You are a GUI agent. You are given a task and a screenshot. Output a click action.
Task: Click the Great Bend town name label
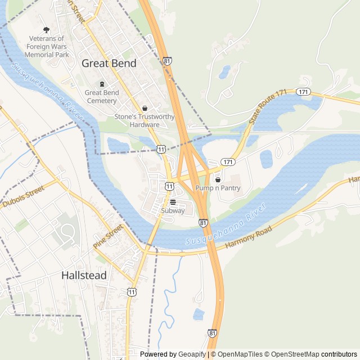[x=109, y=64]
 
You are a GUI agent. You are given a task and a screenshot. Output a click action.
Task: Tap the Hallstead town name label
[x=83, y=276]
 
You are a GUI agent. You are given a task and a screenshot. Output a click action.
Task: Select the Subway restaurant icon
[x=173, y=202]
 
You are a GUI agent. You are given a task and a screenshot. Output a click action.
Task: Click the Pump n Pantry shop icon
[x=218, y=179]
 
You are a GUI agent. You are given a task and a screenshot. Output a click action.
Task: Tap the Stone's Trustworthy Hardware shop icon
[x=145, y=108]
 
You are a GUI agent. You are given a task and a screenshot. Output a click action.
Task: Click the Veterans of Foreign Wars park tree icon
[x=47, y=30]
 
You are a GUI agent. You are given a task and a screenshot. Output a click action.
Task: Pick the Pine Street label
[x=107, y=237]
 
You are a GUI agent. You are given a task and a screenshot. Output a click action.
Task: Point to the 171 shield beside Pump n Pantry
[x=227, y=161]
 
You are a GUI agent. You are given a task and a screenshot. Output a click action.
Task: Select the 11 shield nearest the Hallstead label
[x=132, y=291]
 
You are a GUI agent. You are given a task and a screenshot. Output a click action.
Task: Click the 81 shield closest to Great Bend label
[x=167, y=60]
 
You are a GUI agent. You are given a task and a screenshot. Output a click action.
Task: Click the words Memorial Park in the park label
[x=49, y=55]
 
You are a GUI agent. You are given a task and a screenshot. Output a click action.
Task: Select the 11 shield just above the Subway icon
[x=169, y=186]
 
